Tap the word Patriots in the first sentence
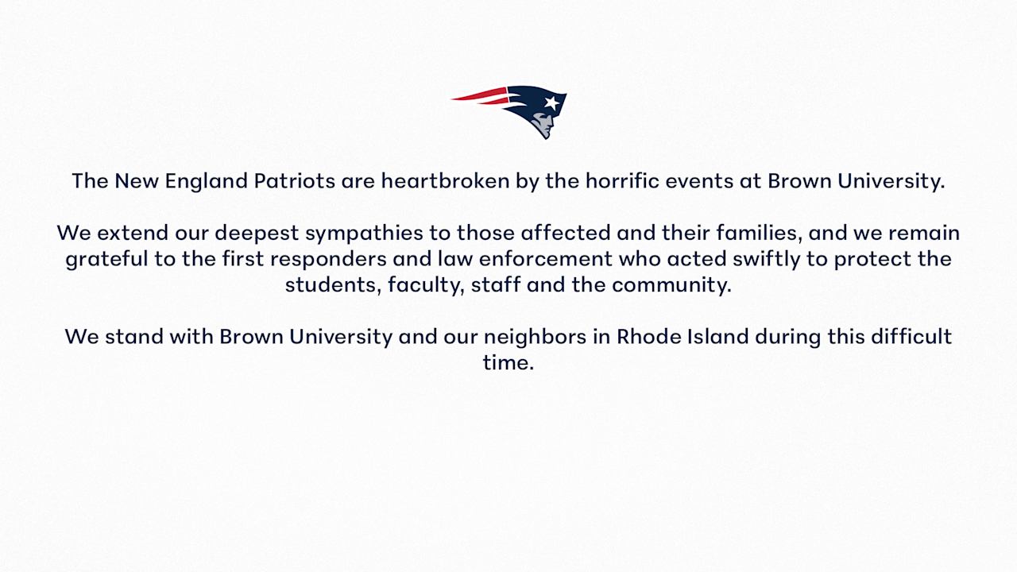(294, 181)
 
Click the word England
(206, 181)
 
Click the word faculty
(425, 285)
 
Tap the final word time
(508, 363)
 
